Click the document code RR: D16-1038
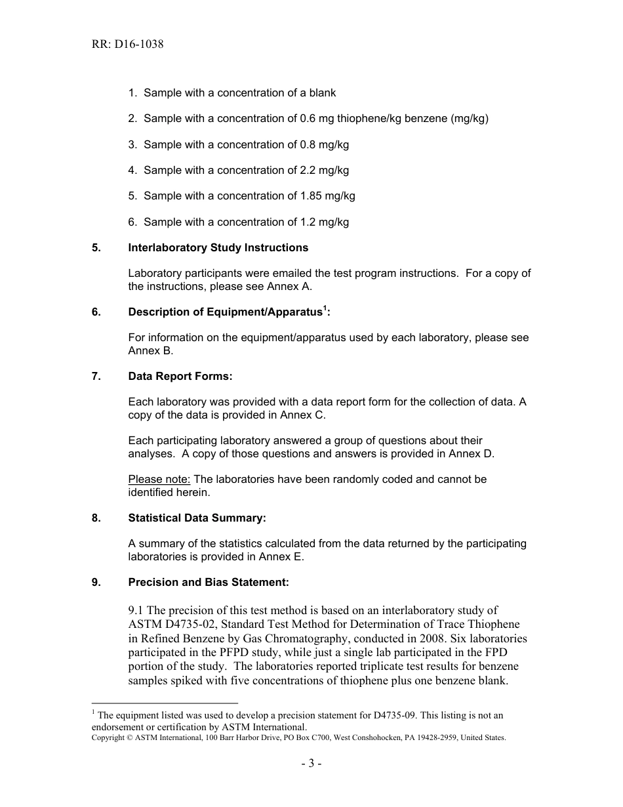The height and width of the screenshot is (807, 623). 127,45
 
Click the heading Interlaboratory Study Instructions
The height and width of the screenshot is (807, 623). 218,248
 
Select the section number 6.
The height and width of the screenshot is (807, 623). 96,312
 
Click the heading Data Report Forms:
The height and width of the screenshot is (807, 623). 180,377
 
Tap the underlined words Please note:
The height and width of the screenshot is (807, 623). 159,480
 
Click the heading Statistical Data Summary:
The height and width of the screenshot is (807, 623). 197,518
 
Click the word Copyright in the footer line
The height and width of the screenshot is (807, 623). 108,738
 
